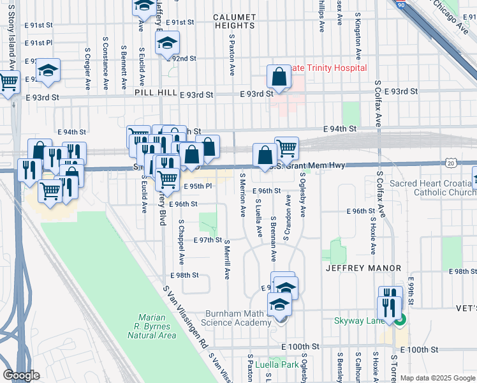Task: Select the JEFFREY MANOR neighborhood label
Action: tap(363, 269)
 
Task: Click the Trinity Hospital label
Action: tap(328, 68)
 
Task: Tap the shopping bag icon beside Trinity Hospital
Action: tap(279, 77)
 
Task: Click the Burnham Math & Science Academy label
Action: tap(237, 318)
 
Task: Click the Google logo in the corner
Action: tap(21, 375)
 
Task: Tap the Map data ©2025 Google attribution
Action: tap(437, 378)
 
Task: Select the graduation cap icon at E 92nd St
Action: tap(166, 43)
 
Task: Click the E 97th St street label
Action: tap(207, 240)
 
